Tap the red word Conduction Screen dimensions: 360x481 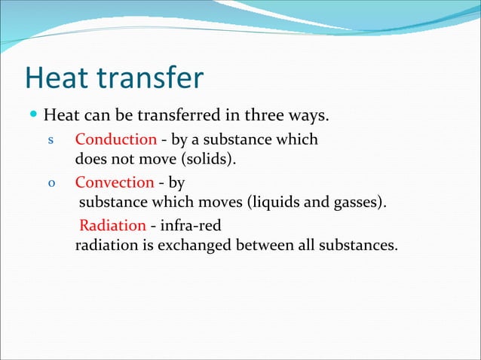(115, 140)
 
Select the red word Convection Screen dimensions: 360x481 (115, 183)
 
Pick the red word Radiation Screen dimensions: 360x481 (112, 225)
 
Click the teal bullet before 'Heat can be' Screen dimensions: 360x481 (32, 117)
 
